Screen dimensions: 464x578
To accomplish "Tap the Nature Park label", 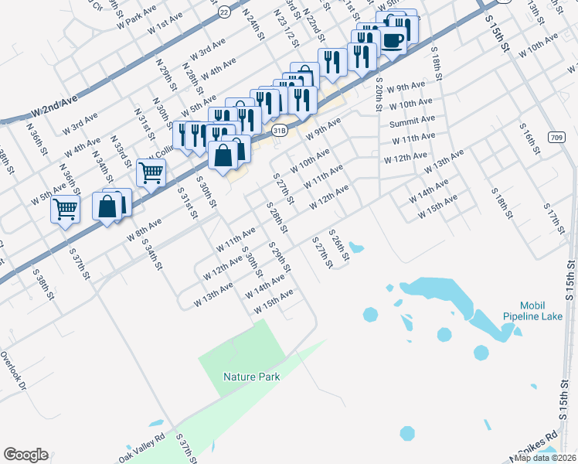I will [x=251, y=377].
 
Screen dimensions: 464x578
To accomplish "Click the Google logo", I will [x=25, y=455].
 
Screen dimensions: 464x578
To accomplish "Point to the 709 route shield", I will [x=556, y=137].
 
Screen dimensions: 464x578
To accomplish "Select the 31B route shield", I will [x=280, y=131].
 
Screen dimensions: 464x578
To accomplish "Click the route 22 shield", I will [x=224, y=12].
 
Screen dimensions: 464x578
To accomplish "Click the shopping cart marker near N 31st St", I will [x=151, y=172].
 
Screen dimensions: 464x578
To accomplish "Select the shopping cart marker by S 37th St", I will [x=65, y=208].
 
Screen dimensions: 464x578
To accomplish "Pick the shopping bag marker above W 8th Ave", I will [x=107, y=206].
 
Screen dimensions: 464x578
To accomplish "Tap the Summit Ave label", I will [x=412, y=121].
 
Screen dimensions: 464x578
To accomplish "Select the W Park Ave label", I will [x=137, y=15].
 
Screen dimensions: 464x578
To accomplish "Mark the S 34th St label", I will [x=151, y=254].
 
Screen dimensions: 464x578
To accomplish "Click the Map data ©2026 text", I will [x=545, y=458].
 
